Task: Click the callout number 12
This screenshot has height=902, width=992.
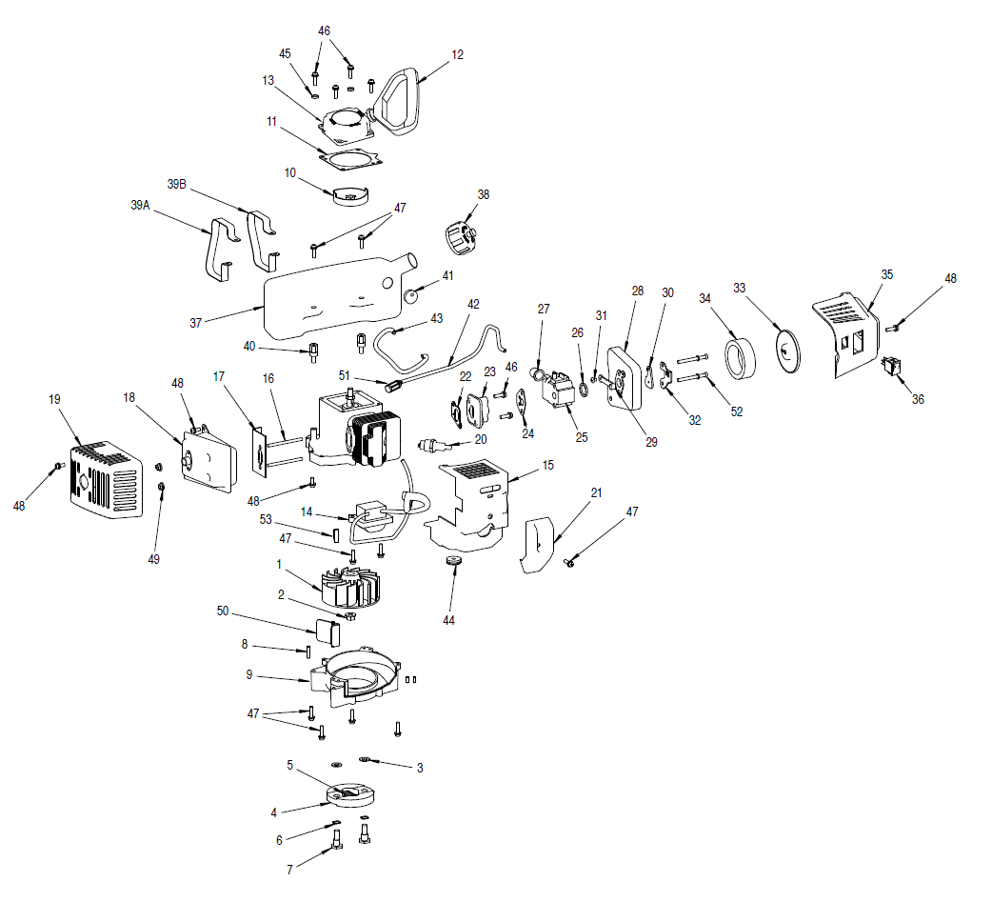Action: tap(458, 54)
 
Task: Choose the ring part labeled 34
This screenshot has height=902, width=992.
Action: tap(739, 359)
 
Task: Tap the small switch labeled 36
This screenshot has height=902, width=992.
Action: tap(895, 367)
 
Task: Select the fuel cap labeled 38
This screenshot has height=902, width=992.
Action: tap(462, 233)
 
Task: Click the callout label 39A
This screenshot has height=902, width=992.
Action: tap(140, 204)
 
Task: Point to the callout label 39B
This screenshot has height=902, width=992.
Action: tap(178, 183)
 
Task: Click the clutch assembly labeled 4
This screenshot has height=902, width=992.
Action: tap(350, 795)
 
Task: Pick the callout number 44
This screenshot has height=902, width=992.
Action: tap(448, 620)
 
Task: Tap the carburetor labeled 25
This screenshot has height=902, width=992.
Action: tap(556, 391)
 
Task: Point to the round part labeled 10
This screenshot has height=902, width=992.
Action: tap(351, 195)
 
